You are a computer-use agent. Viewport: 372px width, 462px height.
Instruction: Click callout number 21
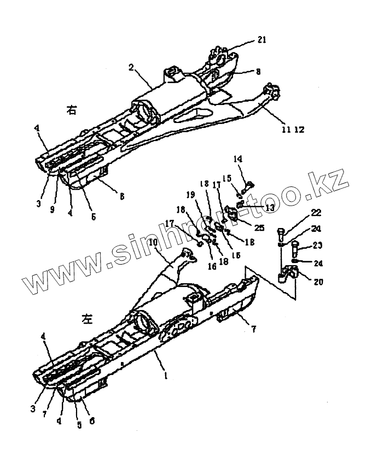[262, 40]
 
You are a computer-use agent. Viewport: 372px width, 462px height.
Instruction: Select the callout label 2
[131, 67]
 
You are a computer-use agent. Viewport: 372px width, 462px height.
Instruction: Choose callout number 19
[190, 194]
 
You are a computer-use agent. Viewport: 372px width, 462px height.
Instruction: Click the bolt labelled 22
[281, 235]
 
